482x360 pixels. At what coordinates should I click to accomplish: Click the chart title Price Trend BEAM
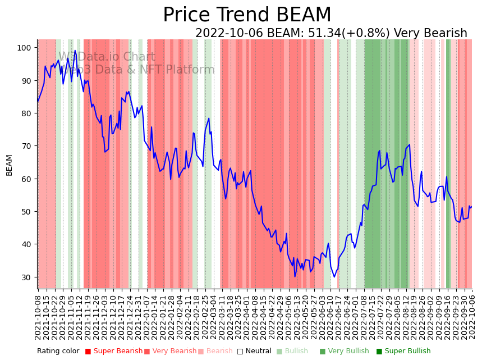pyautogui.click(x=247, y=15)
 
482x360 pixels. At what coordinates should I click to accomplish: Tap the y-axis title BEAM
pyautogui.click(x=9, y=165)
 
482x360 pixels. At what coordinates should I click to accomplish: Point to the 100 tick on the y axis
pyautogui.click(x=24, y=48)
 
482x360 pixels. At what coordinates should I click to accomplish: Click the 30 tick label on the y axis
pyautogui.click(x=26, y=277)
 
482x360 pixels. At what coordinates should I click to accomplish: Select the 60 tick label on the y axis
pyautogui.click(x=26, y=179)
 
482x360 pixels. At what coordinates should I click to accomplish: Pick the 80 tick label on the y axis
pyautogui.click(x=26, y=113)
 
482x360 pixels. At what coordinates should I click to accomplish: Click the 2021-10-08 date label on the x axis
pyautogui.click(x=38, y=318)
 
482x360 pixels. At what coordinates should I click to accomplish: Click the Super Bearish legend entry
pyautogui.click(x=114, y=351)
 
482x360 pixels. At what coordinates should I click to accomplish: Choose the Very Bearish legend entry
pyautogui.click(x=170, y=351)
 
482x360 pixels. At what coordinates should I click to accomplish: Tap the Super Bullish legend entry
pyautogui.click(x=403, y=351)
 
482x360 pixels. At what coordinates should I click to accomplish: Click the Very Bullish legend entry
pyautogui.click(x=344, y=351)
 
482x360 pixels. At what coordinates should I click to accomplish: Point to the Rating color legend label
pyautogui.click(x=58, y=351)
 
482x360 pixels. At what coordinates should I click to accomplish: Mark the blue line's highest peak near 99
pyautogui.click(x=75, y=51)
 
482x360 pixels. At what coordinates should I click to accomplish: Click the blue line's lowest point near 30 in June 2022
pyautogui.click(x=334, y=276)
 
